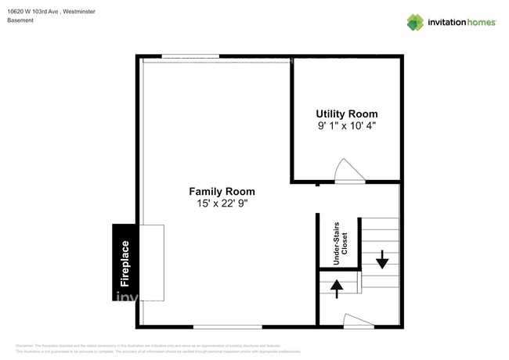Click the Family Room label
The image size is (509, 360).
tap(222, 191)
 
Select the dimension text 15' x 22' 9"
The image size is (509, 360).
tap(222, 203)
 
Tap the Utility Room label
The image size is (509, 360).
tap(346, 113)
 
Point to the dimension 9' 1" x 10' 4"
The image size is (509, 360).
tap(346, 126)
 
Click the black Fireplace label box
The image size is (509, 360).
tap(125, 263)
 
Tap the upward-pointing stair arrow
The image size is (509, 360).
tap(337, 289)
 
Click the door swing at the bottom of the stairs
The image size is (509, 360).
tap(358, 320)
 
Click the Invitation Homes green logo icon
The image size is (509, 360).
tap(415, 22)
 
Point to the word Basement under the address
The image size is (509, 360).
tap(20, 20)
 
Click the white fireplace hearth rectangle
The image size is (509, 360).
tap(152, 263)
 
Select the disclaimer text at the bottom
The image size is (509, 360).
tap(157, 348)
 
